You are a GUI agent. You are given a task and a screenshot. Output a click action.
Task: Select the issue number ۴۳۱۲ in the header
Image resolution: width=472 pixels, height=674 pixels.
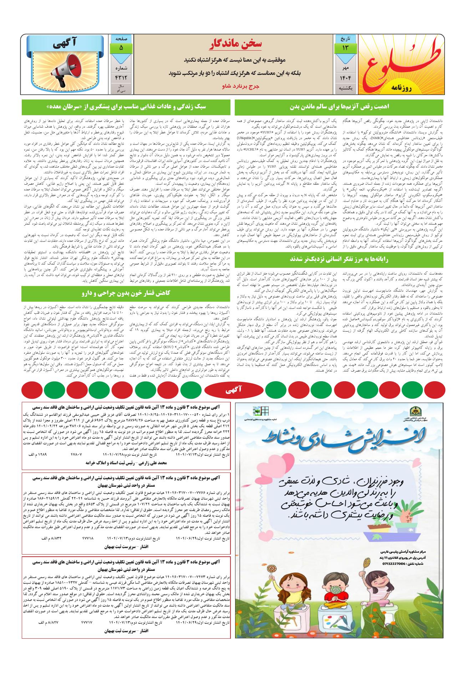(x=121, y=78)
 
